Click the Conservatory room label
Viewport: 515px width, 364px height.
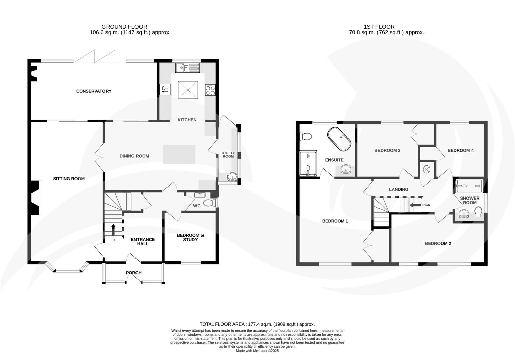[93, 91]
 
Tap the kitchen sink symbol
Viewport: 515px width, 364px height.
[187, 68]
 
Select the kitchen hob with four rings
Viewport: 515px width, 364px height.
[210, 90]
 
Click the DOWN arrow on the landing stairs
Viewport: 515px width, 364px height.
[415, 205]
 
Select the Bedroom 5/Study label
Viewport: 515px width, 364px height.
[190, 237]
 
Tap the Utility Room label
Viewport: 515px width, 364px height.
[228, 155]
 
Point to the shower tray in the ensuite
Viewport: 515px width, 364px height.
[308, 163]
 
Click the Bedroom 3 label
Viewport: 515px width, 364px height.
[387, 150]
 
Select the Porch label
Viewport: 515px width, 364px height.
[134, 273]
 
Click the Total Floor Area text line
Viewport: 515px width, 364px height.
[257, 324]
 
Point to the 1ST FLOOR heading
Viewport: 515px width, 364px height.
[379, 27]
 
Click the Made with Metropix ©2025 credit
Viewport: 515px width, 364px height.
[257, 351]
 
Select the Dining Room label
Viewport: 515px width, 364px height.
[134, 156]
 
